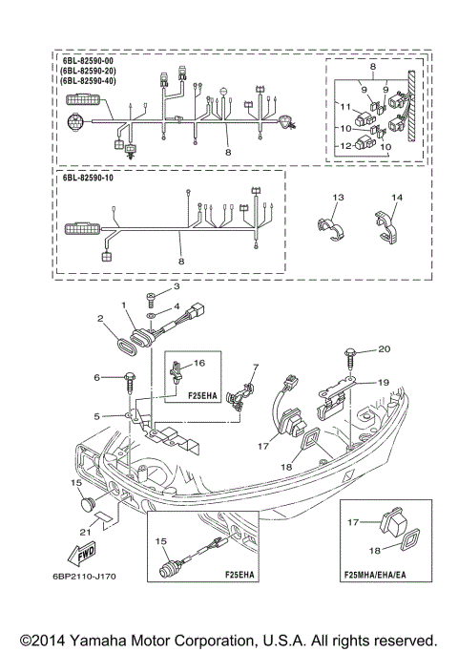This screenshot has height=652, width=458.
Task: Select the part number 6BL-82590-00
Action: pyautogui.click(x=87, y=61)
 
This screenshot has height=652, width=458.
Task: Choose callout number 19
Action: pyautogui.click(x=384, y=381)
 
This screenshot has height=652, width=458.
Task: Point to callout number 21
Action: pyautogui.click(x=85, y=531)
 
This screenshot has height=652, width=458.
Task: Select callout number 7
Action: pyautogui.click(x=256, y=367)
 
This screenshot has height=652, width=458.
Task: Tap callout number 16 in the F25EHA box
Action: pyautogui.click(x=200, y=363)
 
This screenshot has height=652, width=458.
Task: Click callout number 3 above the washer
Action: pyautogui.click(x=175, y=286)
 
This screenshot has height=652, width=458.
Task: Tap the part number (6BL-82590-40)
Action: pyautogui.click(x=89, y=83)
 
